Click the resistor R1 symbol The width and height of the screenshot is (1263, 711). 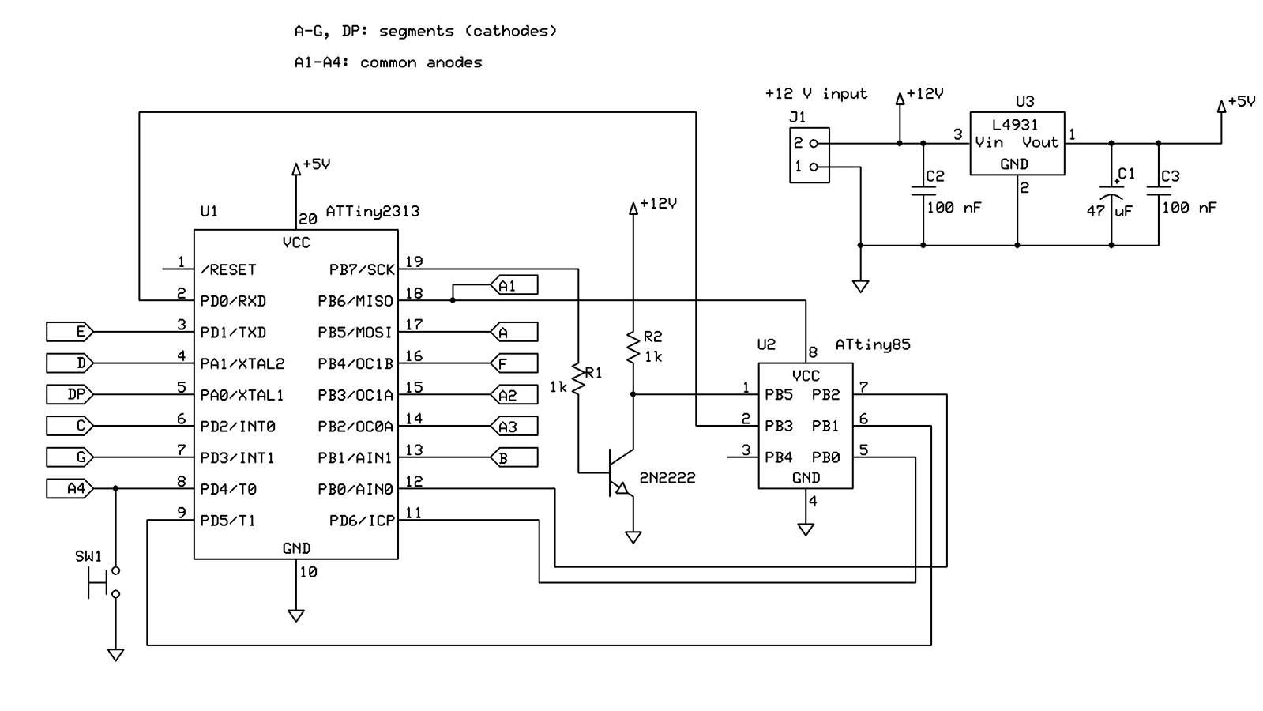click(578, 379)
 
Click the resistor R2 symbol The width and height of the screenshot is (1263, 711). click(633, 348)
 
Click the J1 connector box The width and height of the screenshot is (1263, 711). click(810, 155)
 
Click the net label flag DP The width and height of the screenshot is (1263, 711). click(70, 394)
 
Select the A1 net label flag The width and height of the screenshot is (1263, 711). click(514, 285)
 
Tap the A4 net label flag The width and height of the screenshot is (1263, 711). click(70, 489)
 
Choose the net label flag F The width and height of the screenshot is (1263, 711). click(514, 363)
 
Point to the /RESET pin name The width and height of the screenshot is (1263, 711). click(228, 269)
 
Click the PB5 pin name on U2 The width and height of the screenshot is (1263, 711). click(778, 394)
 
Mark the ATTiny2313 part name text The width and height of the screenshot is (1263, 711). click(372, 212)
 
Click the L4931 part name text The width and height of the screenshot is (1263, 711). click(1015, 125)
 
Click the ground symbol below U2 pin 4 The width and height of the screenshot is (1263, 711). click(806, 529)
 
